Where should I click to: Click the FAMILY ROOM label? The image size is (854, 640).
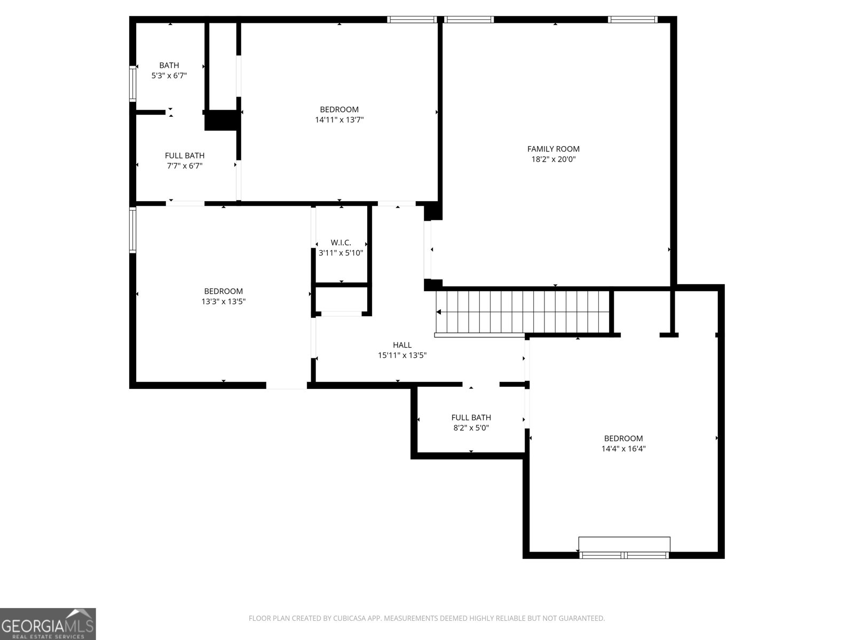coord(553,149)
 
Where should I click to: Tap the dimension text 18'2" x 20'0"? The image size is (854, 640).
coord(553,159)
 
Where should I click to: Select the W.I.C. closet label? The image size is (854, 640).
coord(341,243)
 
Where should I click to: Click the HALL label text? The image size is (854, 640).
coord(402,345)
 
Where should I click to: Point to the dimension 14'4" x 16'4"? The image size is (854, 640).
coord(623,449)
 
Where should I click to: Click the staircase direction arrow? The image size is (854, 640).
coord(439,312)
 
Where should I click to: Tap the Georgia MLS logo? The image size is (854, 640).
coord(48,624)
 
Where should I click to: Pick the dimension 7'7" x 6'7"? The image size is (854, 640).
coord(184,166)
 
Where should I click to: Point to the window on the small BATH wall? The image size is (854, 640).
coord(133,83)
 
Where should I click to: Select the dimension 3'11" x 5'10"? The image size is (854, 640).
coord(341,253)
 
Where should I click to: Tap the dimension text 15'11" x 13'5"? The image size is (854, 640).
coord(402,355)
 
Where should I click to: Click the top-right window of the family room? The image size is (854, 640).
coord(632,20)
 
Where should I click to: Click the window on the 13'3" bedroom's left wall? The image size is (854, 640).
coord(133,230)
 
